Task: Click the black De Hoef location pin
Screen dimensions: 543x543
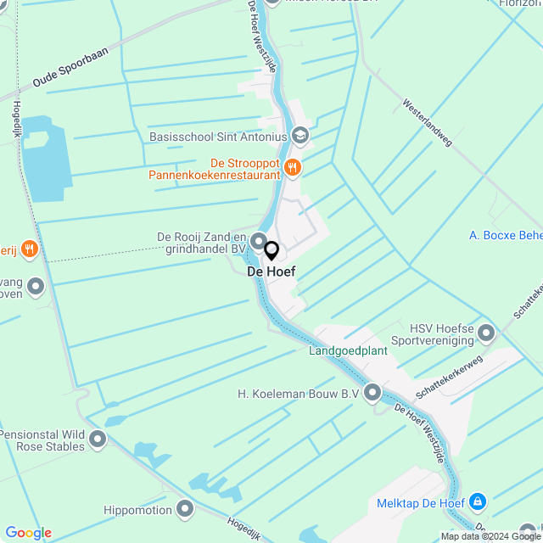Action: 271,251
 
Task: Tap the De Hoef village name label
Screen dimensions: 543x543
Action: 271,272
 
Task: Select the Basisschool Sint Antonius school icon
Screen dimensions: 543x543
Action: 299,136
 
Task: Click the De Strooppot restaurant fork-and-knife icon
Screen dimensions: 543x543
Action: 293,167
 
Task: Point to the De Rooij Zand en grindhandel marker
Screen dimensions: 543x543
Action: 258,242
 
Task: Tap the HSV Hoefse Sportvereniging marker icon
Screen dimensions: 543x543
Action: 486,333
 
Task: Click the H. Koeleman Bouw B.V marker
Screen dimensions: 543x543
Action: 372,393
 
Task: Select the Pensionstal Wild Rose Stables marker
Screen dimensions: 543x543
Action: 98,439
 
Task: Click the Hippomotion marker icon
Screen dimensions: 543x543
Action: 186,509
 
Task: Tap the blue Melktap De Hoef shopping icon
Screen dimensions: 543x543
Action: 478,503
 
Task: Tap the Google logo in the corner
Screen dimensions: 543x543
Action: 29,533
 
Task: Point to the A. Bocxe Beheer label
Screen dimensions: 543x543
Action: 506,234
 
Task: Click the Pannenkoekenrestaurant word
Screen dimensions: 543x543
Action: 214,175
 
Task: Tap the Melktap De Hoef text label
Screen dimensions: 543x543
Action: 421,503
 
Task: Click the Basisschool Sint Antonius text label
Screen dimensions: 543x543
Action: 218,136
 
